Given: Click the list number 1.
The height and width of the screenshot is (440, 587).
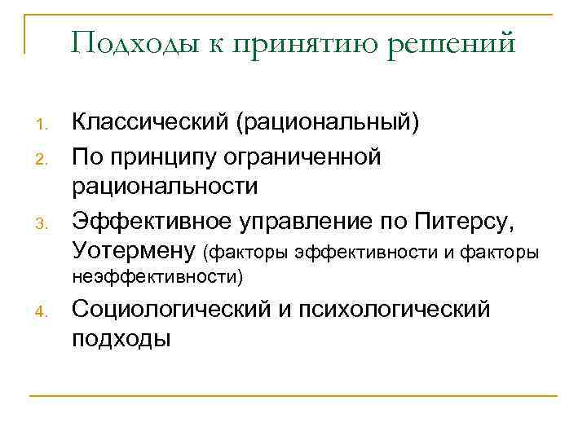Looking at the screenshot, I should click(x=44, y=125).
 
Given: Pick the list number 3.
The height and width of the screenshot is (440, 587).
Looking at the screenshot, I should click(x=44, y=222).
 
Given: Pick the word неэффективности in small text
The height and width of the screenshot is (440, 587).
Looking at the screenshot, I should click(x=157, y=277).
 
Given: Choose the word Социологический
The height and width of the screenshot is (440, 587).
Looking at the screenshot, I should click(x=176, y=310).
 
